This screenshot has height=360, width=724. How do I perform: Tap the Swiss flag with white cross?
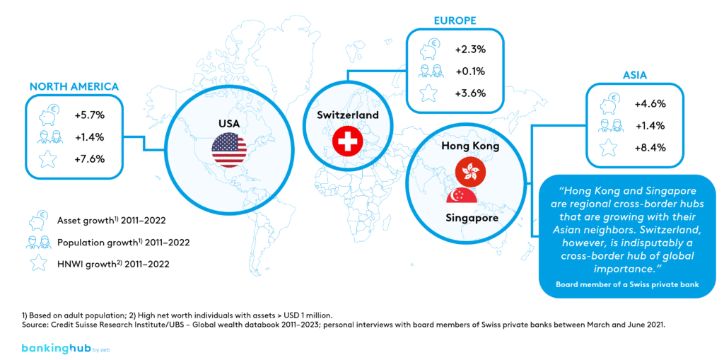tap(347, 143)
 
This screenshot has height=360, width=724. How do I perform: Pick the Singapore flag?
tap(464, 196)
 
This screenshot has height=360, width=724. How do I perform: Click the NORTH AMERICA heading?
tap(74, 86)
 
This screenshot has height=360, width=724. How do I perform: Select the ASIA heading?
tap(634, 74)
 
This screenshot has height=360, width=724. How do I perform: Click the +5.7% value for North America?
tap(89, 114)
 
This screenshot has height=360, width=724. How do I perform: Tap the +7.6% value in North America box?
tap(89, 159)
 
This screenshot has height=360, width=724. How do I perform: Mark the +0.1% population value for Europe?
tap(470, 71)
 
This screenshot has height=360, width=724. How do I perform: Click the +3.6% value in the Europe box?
tap(470, 93)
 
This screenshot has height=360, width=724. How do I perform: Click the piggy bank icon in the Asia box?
tap(609, 103)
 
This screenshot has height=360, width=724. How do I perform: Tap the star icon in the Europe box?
tap(427, 93)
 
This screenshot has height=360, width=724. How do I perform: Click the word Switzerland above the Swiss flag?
tap(348, 115)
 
